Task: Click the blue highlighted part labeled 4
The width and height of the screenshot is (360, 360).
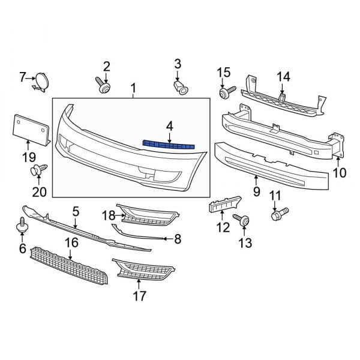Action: pos(170,144)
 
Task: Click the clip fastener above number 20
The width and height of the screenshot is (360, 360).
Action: pos(38,171)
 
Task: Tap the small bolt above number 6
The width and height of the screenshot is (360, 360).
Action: pos(23,227)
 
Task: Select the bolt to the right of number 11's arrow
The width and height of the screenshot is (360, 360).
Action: pos(280,212)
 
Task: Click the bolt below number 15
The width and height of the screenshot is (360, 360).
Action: pos(226,93)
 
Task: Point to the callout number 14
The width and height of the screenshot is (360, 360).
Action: pos(283,76)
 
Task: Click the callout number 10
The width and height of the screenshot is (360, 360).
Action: pos(340,173)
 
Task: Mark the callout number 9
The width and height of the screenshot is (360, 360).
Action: pos(256,193)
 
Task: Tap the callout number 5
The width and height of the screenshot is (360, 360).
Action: pos(76,211)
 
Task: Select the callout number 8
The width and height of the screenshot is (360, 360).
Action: pos(177,239)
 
